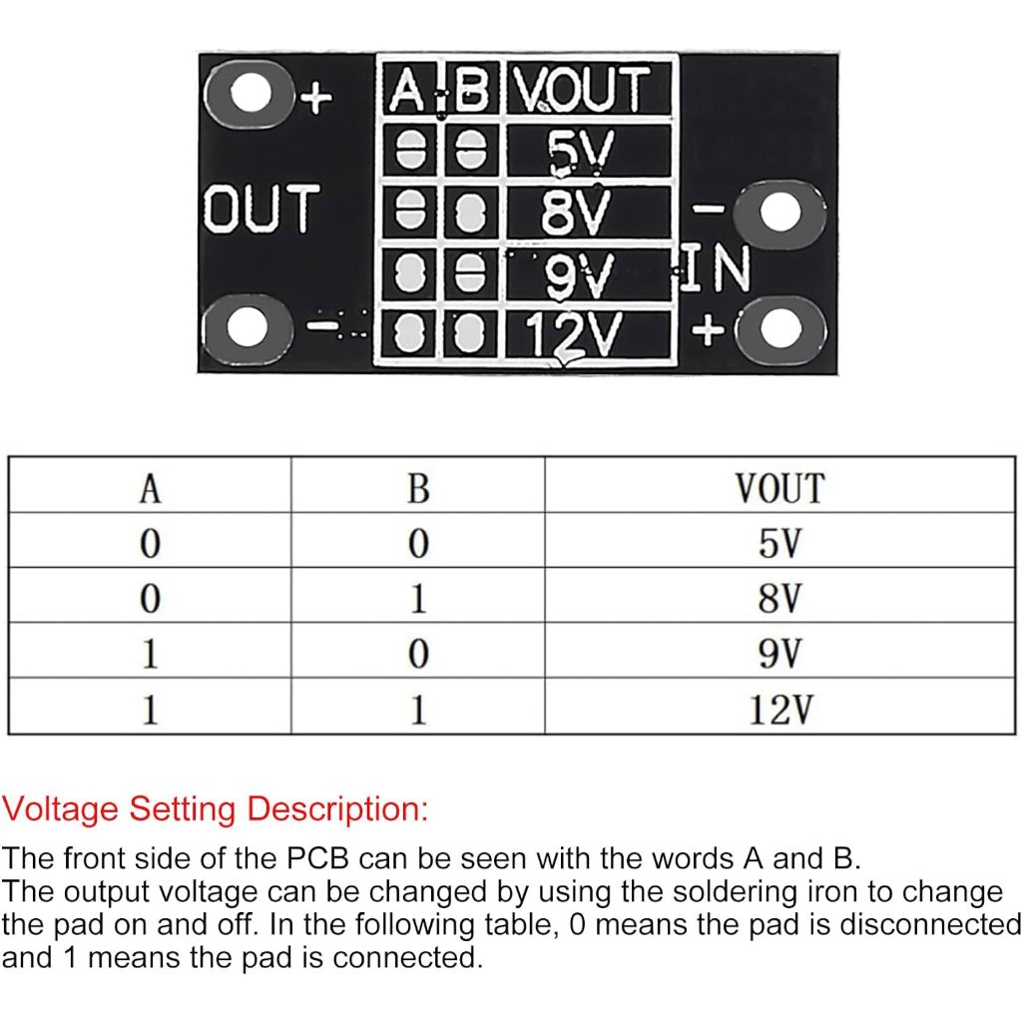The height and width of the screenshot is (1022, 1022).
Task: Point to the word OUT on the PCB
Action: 261,210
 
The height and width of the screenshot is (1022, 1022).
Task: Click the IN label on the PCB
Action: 716,268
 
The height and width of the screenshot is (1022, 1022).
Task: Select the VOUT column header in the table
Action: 779,488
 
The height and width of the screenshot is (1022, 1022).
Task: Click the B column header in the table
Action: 418,488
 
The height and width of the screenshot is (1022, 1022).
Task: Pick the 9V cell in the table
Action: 779,654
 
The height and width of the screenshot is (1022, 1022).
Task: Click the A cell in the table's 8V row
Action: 150,599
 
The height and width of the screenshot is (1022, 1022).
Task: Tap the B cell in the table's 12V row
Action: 418,710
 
